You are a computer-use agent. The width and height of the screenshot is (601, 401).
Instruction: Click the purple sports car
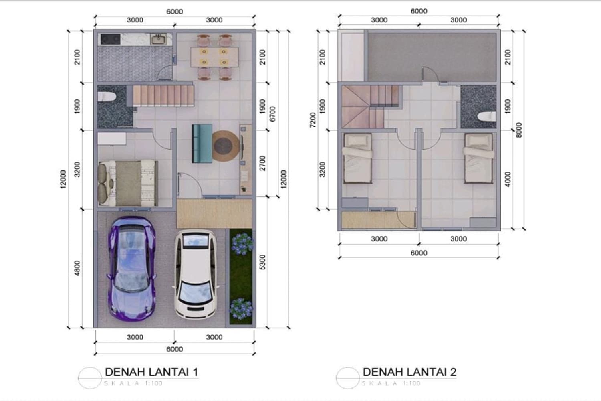tap(131, 269)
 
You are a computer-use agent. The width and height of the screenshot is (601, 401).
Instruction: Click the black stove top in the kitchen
tap(110, 39)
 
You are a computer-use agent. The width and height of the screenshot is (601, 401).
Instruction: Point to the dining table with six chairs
tap(214, 57)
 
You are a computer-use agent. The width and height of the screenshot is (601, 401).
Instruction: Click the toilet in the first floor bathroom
tap(107, 97)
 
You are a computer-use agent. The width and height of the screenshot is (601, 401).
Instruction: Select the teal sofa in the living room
tap(202, 143)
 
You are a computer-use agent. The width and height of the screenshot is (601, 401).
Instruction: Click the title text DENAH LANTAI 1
tap(151, 372)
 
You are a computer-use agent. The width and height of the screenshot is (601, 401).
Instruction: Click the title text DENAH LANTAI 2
tap(409, 372)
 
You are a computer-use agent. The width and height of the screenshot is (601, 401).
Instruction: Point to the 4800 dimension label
tap(77, 268)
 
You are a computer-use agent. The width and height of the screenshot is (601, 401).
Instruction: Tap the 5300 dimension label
tap(263, 262)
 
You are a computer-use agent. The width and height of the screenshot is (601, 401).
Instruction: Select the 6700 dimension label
tap(273, 113)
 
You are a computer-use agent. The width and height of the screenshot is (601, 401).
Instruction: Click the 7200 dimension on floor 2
tap(313, 120)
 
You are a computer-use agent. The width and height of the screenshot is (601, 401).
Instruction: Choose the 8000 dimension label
tap(519, 130)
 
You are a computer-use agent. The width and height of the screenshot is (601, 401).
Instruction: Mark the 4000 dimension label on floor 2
tap(508, 179)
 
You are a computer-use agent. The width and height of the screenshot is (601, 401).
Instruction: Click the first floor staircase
tap(163, 96)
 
